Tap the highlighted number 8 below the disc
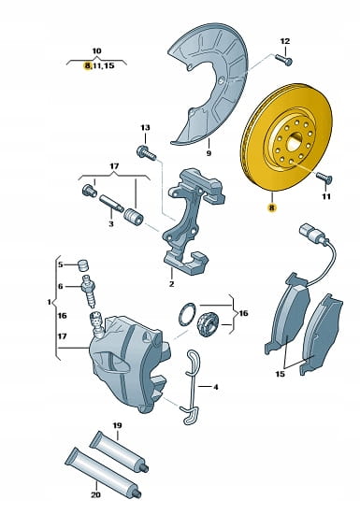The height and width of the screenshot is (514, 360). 272,207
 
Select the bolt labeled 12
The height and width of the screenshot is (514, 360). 283,59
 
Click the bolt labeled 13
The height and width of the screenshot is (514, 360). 146,152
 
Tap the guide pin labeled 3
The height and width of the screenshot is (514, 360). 111,203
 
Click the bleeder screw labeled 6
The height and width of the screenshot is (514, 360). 89,291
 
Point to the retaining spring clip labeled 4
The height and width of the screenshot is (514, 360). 191,388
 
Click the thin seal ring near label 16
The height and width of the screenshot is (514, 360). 187,314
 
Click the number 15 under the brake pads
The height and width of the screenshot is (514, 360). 280,374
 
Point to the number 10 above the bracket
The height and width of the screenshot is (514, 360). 96,51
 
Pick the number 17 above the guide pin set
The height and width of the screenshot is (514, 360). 114,166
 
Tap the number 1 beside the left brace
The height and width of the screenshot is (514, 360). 50,302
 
